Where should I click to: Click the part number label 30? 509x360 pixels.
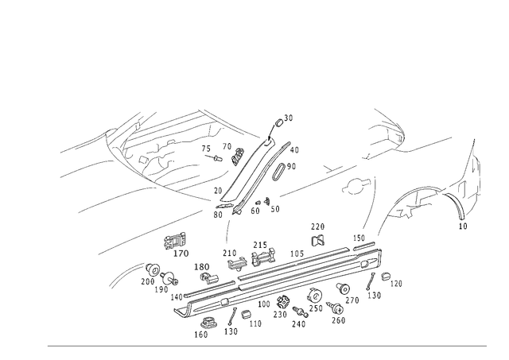(288, 118)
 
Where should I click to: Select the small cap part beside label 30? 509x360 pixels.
(279, 122)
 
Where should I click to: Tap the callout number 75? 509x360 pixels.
(206, 149)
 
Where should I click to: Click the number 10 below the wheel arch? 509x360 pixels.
(463, 226)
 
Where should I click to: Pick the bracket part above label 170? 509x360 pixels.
(175, 240)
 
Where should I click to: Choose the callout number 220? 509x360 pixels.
(318, 226)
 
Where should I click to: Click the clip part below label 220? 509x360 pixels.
(318, 240)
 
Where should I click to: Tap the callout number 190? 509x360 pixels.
(161, 289)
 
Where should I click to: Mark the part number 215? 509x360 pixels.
(260, 245)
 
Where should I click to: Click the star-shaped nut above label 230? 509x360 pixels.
(282, 302)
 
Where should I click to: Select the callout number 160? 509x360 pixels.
(201, 335)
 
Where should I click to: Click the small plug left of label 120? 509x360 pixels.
(386, 277)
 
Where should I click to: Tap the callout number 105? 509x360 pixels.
(297, 254)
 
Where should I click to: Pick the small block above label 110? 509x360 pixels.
(246, 314)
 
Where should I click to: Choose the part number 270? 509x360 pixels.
(352, 300)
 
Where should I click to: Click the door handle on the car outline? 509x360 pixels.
(356, 184)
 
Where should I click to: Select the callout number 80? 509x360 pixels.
(218, 215)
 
